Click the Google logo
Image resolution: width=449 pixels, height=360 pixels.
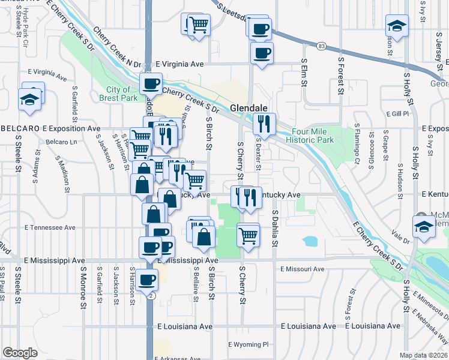(x=20, y=353)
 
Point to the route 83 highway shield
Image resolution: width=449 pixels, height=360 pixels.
(x=322, y=46)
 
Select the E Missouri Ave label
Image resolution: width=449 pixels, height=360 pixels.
(x=301, y=269)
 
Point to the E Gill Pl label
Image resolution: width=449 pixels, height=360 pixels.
(x=397, y=113)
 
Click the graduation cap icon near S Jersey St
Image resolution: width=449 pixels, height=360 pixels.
(x=397, y=26)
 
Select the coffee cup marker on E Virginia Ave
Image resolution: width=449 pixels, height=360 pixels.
(x=151, y=83)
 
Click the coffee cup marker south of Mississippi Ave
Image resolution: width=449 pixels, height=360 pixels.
(x=146, y=279)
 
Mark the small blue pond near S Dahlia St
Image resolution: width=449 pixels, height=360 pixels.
(x=310, y=242)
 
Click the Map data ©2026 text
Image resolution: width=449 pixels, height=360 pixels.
(x=424, y=355)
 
